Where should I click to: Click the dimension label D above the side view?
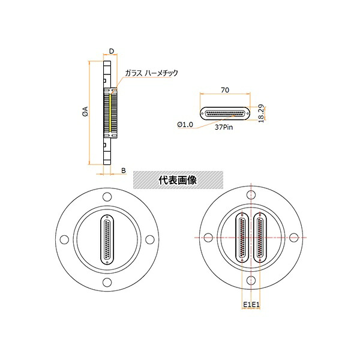(112, 51)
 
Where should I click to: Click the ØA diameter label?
(85, 111)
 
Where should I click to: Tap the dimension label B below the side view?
(124, 170)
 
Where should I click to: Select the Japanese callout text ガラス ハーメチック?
(152, 73)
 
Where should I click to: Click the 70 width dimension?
(225, 90)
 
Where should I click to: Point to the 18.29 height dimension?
(261, 113)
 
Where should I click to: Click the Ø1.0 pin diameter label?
(185, 124)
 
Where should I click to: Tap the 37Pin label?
(224, 127)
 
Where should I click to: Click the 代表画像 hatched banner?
(178, 180)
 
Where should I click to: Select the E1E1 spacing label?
(251, 305)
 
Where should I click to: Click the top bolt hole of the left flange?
(107, 197)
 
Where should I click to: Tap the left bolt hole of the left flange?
(64, 239)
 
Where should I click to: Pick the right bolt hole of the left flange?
(150, 239)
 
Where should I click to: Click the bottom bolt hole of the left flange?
(107, 283)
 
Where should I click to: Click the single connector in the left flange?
(107, 239)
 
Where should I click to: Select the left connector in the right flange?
(242, 238)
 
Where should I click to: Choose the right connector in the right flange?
(260, 238)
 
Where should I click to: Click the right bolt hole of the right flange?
(294, 238)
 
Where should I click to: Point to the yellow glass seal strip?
(110, 113)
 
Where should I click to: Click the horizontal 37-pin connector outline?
(225, 113)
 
